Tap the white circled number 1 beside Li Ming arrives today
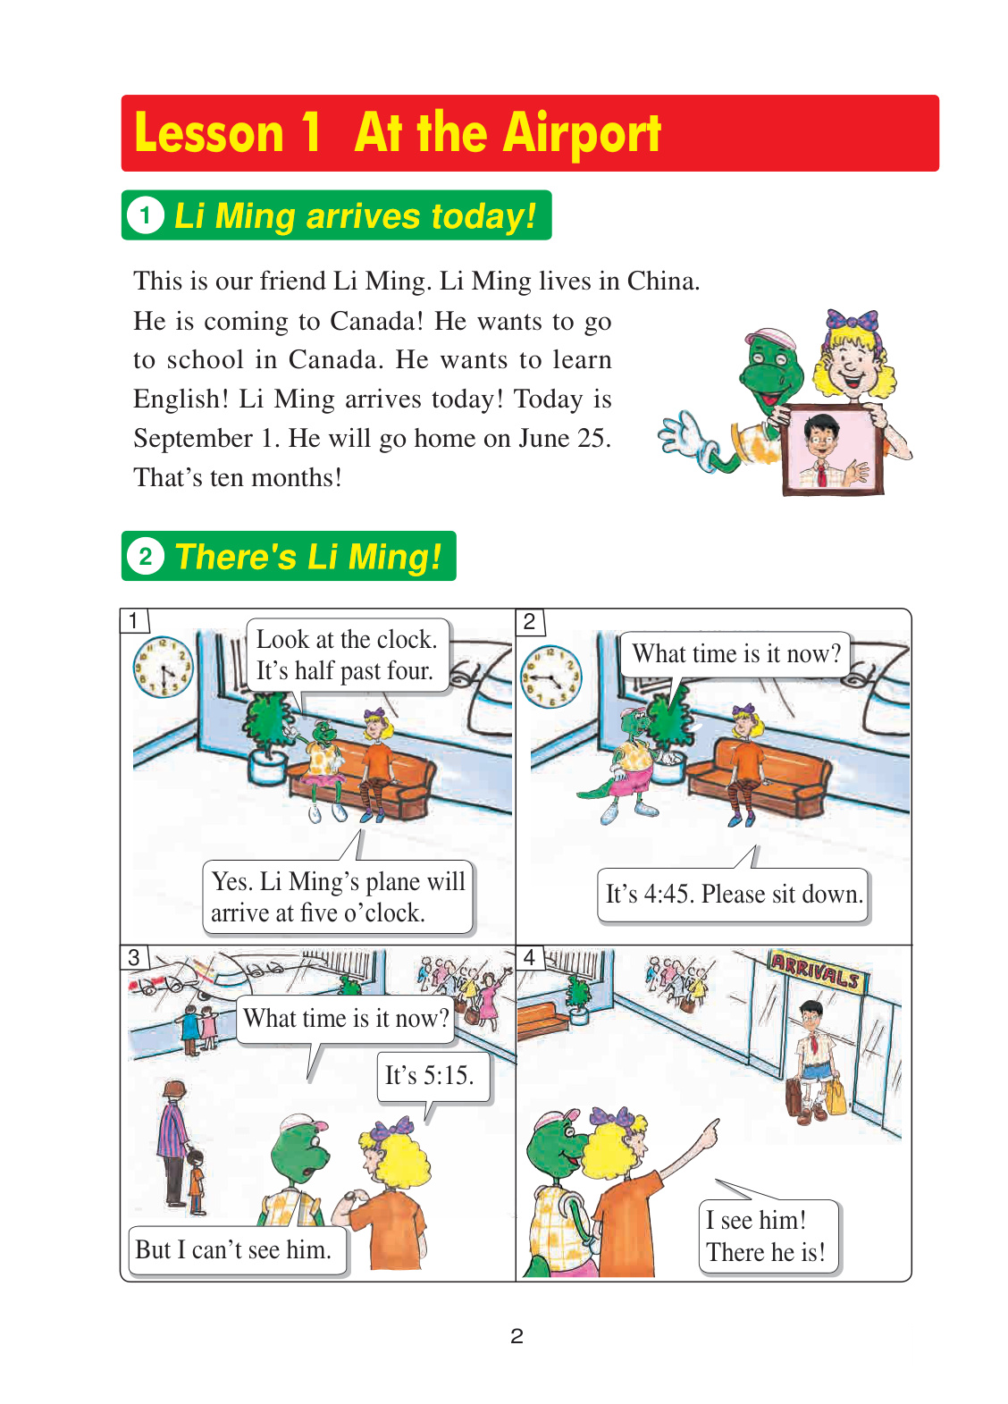click(x=146, y=215)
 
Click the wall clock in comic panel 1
click(x=163, y=667)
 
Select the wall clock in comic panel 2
click(x=551, y=677)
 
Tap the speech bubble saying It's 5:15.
click(x=433, y=1076)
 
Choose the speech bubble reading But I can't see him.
click(x=238, y=1249)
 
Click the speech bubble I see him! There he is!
click(x=769, y=1236)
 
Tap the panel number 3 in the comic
click(x=133, y=957)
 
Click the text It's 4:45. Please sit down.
click(x=734, y=894)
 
